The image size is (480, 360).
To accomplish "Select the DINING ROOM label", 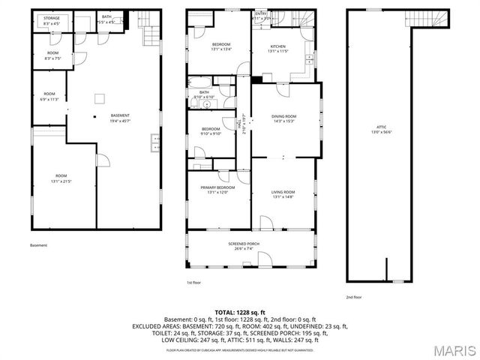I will point(283,118).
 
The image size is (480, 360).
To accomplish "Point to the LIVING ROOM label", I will point(283,194).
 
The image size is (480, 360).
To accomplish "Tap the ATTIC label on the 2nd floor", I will point(380,129).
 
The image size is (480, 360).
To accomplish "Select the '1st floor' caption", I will point(193,283).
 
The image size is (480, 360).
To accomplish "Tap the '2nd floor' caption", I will point(352,297).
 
